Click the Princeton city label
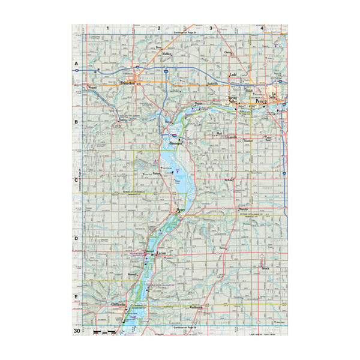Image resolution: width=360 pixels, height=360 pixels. click(x=129, y=83)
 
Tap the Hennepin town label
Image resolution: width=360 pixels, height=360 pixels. click(x=176, y=145)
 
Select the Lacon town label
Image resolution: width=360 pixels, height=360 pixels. click(x=161, y=254)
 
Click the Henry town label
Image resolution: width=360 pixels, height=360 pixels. click(x=181, y=210)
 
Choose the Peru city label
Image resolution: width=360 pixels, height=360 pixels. click(x=260, y=102)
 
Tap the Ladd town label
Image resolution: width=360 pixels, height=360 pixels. click(x=234, y=76)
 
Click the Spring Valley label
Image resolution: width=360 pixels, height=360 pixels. click(x=235, y=99)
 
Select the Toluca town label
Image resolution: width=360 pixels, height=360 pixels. click(x=258, y=268)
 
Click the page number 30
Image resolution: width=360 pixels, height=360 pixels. click(x=77, y=331)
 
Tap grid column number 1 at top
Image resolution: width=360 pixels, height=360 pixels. click(x=108, y=28)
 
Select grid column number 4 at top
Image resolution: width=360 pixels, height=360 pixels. click(x=262, y=28)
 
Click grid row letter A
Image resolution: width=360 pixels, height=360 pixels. click(x=76, y=63)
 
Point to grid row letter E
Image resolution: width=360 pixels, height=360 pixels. click(x=76, y=297)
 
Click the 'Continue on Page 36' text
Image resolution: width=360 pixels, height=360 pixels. click(x=185, y=327)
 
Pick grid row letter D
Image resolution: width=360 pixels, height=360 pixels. click(x=76, y=239)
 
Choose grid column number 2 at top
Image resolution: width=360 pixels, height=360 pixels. click(x=160, y=28)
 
